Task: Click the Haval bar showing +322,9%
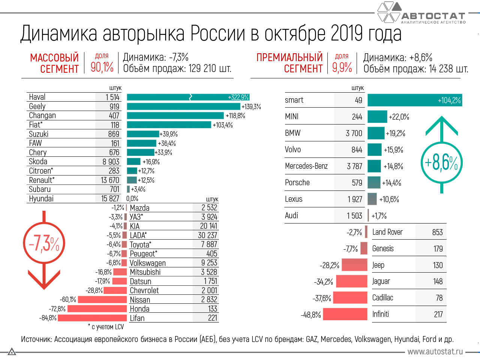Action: (187, 97)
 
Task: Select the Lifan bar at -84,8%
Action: (92, 318)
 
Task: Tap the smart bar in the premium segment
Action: (414, 100)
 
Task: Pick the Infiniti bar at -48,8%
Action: (345, 314)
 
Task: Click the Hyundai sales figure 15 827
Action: (110, 198)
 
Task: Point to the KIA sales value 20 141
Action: (208, 226)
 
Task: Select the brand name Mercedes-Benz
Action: (306, 166)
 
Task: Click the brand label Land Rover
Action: (387, 232)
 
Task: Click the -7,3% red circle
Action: (44, 244)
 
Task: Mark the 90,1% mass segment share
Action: (102, 67)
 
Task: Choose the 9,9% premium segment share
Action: (342, 67)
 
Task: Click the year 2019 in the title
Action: (347, 34)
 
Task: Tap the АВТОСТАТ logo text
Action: (433, 16)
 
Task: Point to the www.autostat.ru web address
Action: (435, 352)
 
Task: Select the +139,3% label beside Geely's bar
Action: (251, 106)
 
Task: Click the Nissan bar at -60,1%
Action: (102, 300)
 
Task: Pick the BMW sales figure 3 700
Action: (354, 133)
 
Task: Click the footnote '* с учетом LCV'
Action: (106, 327)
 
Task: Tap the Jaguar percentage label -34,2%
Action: (323, 282)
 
